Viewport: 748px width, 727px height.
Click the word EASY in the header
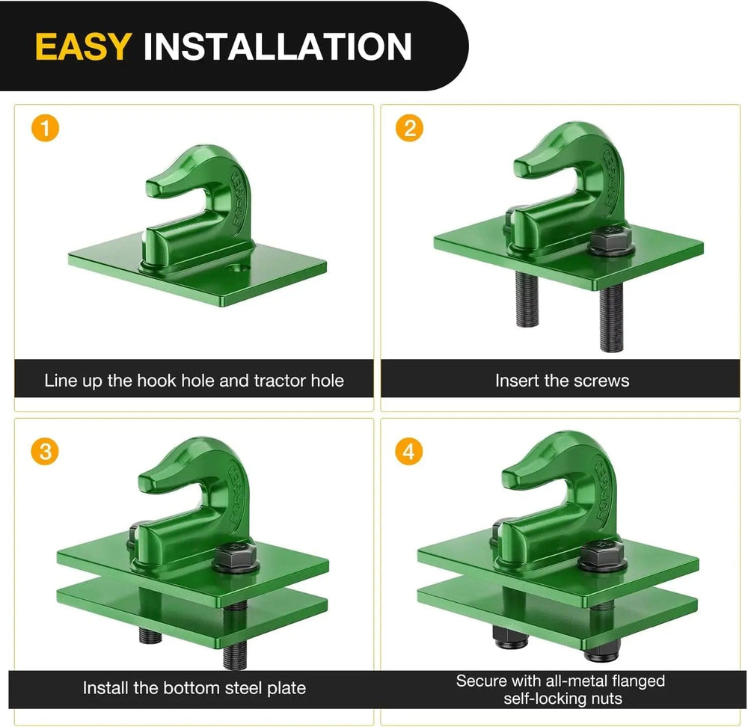click(82, 46)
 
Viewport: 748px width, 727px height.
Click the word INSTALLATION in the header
click(277, 46)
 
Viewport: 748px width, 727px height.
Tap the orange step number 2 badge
click(409, 129)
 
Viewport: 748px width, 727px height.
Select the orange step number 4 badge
click(409, 452)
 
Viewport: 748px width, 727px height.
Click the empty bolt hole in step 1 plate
click(237, 267)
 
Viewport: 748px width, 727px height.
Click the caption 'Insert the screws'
click(562, 381)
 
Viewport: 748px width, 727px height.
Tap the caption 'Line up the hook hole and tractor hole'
click(194, 381)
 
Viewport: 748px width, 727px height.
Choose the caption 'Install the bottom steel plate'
click(194, 687)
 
